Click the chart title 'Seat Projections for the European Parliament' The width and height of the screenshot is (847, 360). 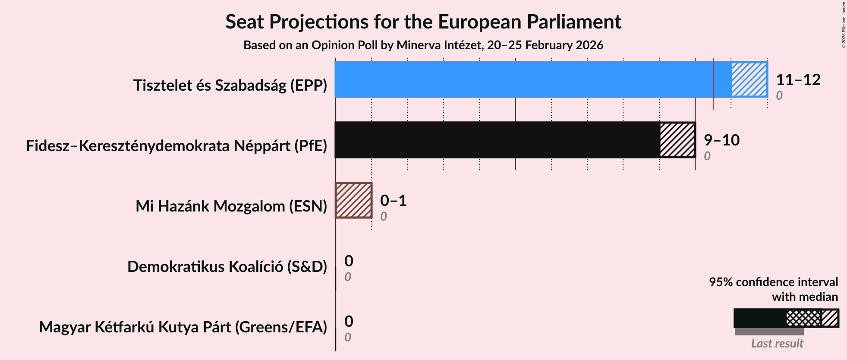pyautogui.click(x=423, y=22)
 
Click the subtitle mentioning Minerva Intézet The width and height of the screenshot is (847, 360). pyautogui.click(x=423, y=45)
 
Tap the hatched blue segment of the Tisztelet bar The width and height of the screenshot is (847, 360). pyautogui.click(x=749, y=79)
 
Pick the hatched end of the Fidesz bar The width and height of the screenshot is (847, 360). pyautogui.click(x=677, y=140)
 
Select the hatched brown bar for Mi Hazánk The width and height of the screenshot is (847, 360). pyautogui.click(x=354, y=200)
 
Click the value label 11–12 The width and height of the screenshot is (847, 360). pyautogui.click(x=798, y=80)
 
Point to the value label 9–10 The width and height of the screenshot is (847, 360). pyautogui.click(x=721, y=140)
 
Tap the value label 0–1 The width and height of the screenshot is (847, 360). pyautogui.click(x=393, y=201)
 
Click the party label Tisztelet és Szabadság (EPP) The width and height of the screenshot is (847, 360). pyautogui.click(x=230, y=85)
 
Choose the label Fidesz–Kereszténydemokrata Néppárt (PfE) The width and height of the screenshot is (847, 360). pyautogui.click(x=176, y=146)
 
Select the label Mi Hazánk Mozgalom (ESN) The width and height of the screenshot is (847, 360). pyautogui.click(x=231, y=206)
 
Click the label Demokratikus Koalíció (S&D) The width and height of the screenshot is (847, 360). pyautogui.click(x=227, y=267)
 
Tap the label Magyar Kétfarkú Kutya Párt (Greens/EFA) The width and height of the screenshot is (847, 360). pyautogui.click(x=183, y=327)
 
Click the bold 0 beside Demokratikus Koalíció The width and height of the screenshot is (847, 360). pyautogui.click(x=349, y=261)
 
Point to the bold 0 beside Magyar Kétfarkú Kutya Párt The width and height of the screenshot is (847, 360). pyautogui.click(x=349, y=322)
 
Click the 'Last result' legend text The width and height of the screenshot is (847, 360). pyautogui.click(x=777, y=344)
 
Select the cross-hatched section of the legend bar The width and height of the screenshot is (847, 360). pyautogui.click(x=803, y=319)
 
